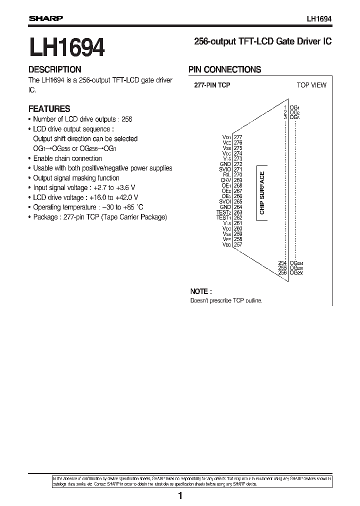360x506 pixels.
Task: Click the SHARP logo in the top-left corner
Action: click(x=45, y=18)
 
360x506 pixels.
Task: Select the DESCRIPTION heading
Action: click(x=54, y=70)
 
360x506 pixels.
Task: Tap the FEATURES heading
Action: click(x=49, y=108)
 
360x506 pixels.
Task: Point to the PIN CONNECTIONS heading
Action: click(x=224, y=70)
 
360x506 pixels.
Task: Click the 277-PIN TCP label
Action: click(x=212, y=85)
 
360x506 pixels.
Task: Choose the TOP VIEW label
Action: click(x=311, y=85)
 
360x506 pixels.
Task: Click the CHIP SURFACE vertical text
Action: click(x=262, y=193)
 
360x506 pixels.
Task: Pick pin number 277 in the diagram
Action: click(x=238, y=137)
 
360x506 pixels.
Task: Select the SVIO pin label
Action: click(x=225, y=169)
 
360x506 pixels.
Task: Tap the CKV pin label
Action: click(x=226, y=180)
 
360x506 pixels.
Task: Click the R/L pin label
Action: click(x=227, y=175)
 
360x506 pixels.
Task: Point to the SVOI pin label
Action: click(x=225, y=202)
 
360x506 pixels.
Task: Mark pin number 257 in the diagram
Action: click(x=238, y=245)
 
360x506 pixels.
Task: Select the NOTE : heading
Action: click(x=201, y=291)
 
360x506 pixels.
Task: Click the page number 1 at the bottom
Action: click(x=180, y=496)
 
